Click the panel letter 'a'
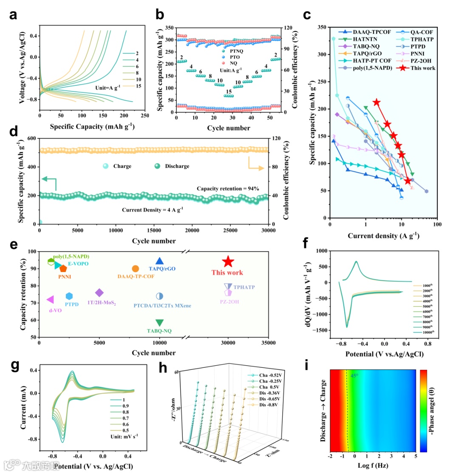tap(14, 15)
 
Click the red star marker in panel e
tap(228, 262)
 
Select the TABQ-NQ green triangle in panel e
tap(159, 323)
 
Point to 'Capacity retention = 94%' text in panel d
tap(227, 188)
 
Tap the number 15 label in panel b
tap(229, 91)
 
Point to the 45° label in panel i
tap(354, 375)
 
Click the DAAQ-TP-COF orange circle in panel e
tap(135, 269)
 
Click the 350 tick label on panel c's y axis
tap(322, 27)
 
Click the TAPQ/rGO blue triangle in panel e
tap(159, 261)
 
